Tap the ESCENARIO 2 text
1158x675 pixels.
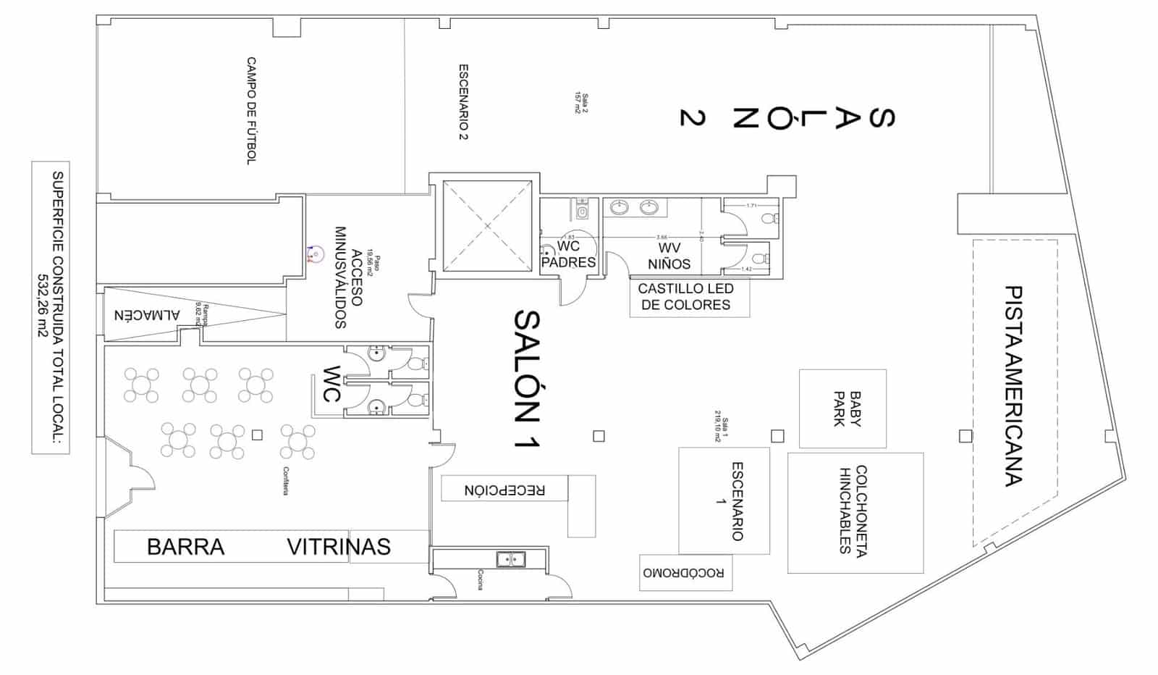click(x=463, y=102)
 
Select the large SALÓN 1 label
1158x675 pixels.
click(x=526, y=378)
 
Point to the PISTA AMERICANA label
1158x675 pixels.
click(x=1014, y=385)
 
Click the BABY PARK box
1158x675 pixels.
click(x=843, y=409)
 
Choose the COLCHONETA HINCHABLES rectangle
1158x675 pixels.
click(x=855, y=513)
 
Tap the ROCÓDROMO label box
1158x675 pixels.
click(x=685, y=573)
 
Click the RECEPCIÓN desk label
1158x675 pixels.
click(x=504, y=490)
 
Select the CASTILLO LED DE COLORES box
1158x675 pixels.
click(x=688, y=297)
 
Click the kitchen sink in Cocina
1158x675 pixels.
click(x=510, y=559)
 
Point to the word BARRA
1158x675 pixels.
click(x=186, y=547)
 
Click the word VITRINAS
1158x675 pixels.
click(x=339, y=547)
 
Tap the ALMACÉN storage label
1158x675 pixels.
click(x=147, y=316)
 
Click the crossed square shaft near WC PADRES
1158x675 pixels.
click(x=487, y=226)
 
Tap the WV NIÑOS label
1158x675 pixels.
click(x=669, y=256)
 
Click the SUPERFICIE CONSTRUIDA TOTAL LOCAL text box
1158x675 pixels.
click(x=51, y=308)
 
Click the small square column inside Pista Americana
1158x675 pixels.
click(x=965, y=436)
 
